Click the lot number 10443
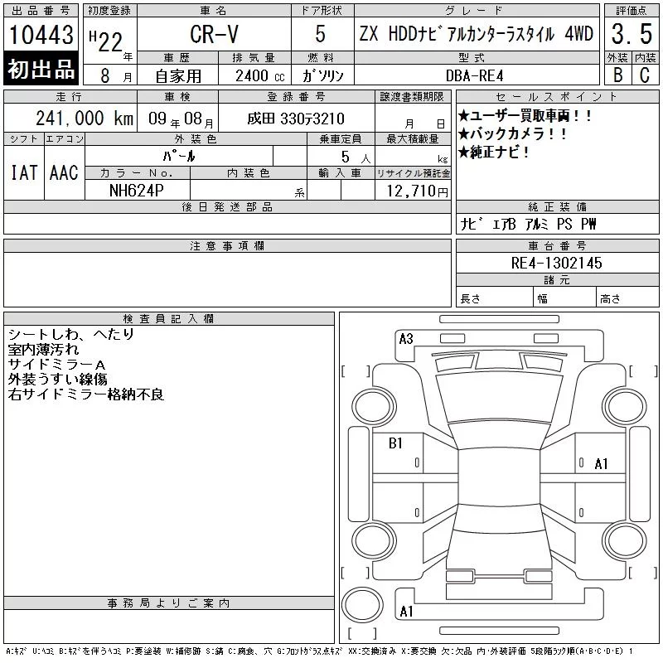coord(41,34)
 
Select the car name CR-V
coord(214,34)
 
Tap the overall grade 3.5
coord(632,34)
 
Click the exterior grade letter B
coord(617,75)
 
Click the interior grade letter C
coord(645,75)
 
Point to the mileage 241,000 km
coord(85,119)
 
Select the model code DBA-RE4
coord(474,75)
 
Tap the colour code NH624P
coord(136,191)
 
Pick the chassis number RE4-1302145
coord(556,263)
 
